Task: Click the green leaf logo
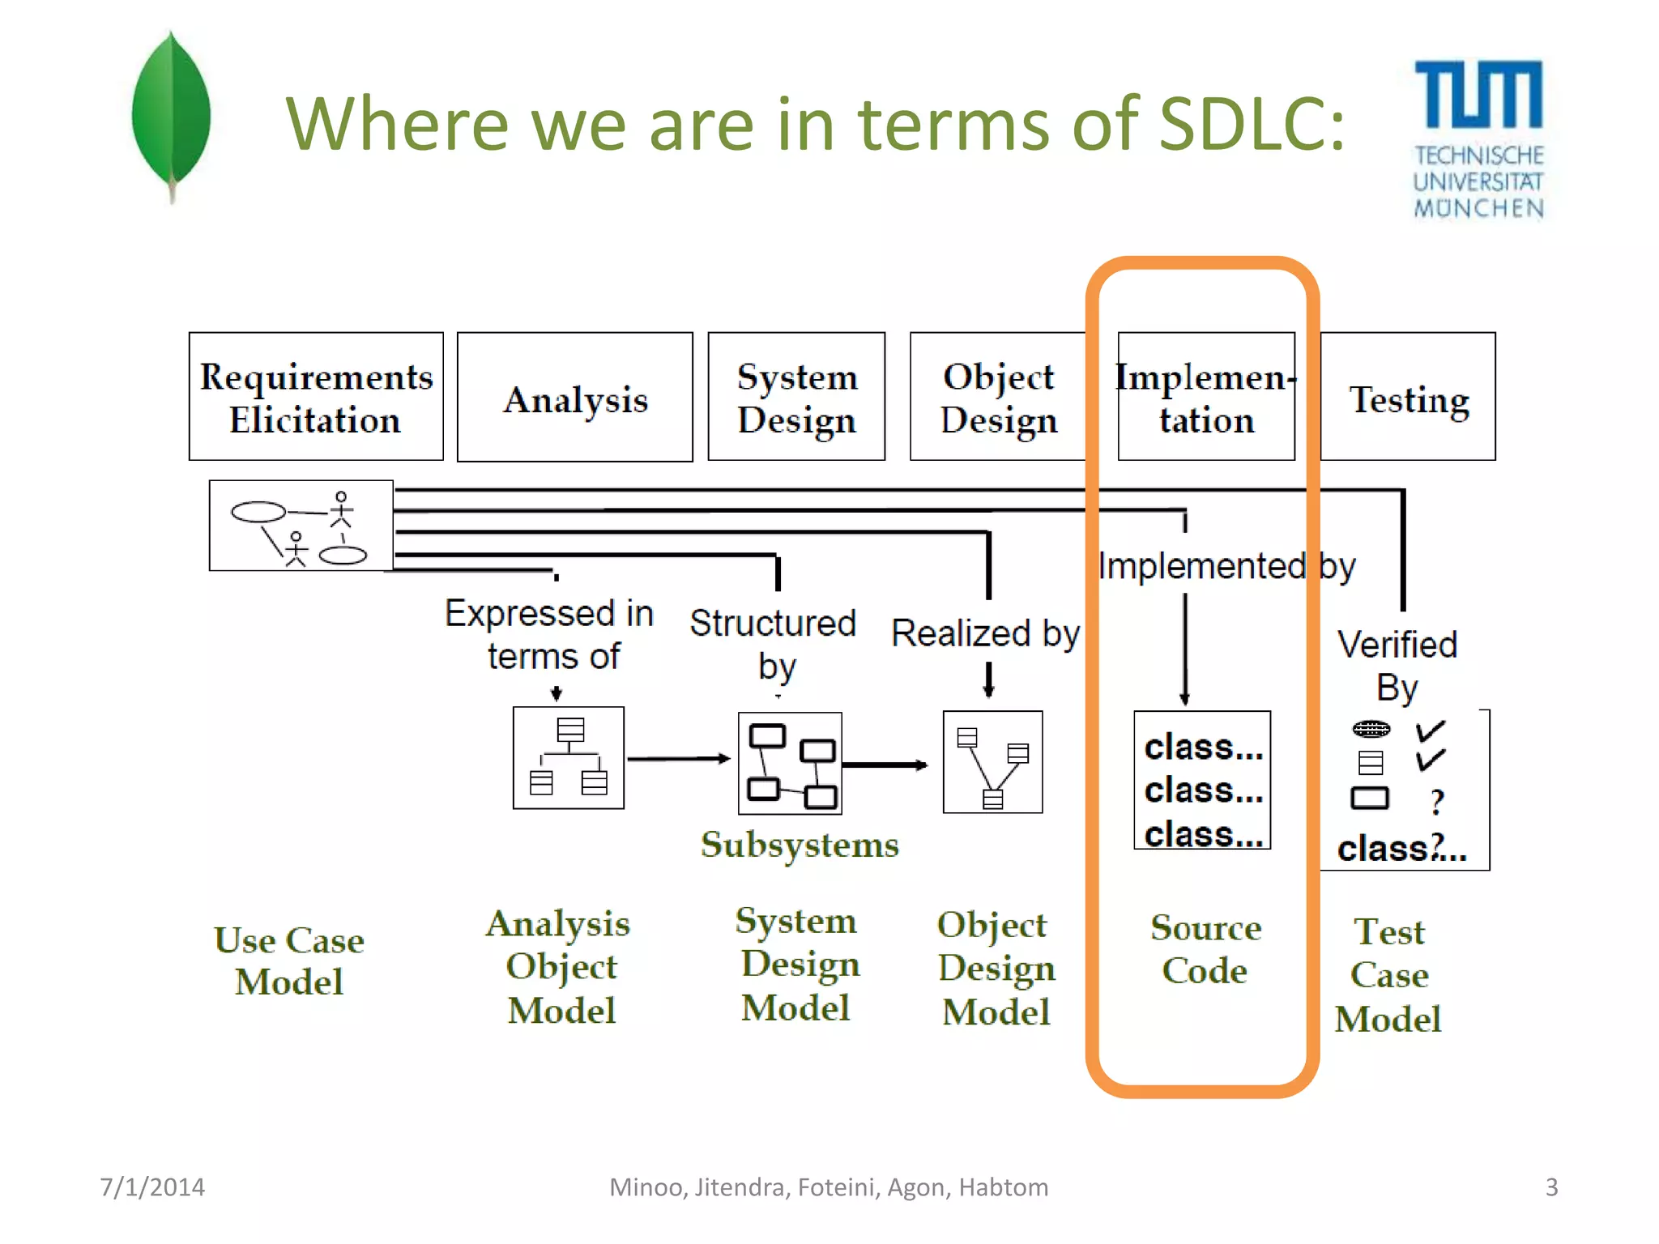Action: tap(171, 113)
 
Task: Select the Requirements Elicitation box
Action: tap(316, 397)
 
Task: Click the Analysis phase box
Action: tap(575, 398)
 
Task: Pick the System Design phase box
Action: tap(796, 397)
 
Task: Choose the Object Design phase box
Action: tap(998, 397)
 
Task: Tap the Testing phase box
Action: tap(1408, 398)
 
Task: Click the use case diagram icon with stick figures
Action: tap(301, 526)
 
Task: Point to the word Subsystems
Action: tap(800, 845)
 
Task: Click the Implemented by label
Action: tap(1226, 566)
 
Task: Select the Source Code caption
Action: tap(1205, 948)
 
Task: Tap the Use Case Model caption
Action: tap(289, 961)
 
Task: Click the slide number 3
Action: tap(1551, 1186)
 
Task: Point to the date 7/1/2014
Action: tap(152, 1186)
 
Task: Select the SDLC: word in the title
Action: tap(1252, 124)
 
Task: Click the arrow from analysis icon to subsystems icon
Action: tap(679, 759)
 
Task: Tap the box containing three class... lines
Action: tap(1202, 780)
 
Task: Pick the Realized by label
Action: tap(985, 633)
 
